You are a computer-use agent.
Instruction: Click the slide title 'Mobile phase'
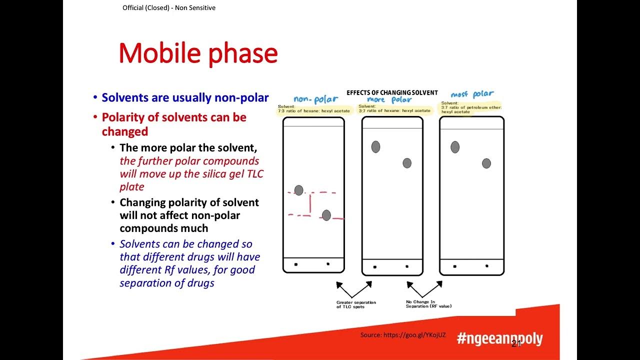(198, 53)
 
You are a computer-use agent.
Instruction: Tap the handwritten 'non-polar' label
(315, 99)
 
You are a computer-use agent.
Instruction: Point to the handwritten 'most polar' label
(472, 94)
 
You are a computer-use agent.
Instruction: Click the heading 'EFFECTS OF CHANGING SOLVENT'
(392, 92)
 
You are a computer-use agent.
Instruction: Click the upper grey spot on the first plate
(298, 190)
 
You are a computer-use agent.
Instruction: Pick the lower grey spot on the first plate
(326, 215)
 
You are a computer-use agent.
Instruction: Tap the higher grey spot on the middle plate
(375, 146)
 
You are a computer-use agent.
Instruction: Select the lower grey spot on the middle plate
(407, 163)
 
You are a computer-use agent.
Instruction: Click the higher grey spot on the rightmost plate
(455, 147)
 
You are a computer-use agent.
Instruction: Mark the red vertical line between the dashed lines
(310, 203)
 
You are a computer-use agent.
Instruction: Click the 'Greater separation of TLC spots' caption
(356, 304)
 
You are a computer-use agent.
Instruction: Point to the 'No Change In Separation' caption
(428, 304)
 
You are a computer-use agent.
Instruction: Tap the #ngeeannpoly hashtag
(499, 338)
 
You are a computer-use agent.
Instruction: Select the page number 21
(516, 343)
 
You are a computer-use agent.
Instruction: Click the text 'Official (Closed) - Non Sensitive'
(169, 8)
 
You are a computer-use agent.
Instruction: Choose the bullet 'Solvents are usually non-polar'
(185, 97)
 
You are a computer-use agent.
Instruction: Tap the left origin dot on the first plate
(296, 264)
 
